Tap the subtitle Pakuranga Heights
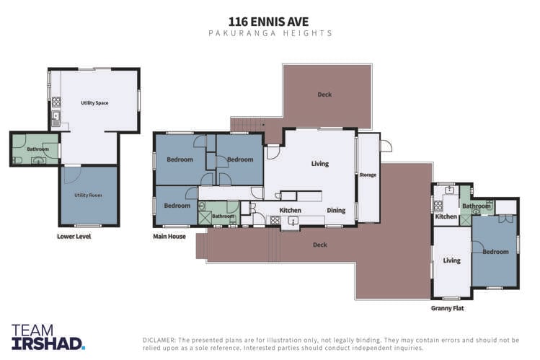click(270, 33)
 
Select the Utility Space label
click(94, 103)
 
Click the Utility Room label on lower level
click(88, 195)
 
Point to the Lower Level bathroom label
click(37, 149)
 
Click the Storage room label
click(368, 175)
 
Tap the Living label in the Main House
click(319, 164)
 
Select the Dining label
click(336, 211)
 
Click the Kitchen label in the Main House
click(290, 211)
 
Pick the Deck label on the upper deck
click(324, 95)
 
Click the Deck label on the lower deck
click(319, 245)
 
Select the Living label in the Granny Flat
click(451, 260)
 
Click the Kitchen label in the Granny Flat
click(446, 216)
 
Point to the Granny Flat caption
click(448, 308)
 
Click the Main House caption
click(169, 236)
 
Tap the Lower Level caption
click(74, 236)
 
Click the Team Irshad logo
click(48, 336)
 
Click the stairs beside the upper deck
click(247, 125)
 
